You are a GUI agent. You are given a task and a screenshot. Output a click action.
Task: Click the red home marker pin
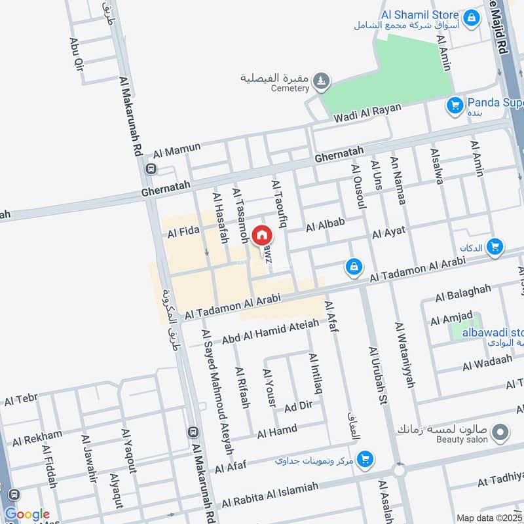[262, 235]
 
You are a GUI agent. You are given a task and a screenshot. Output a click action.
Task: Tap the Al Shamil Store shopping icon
[470, 19]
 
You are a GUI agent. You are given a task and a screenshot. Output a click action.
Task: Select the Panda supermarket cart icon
[455, 105]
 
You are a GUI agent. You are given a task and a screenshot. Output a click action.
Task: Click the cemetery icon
[320, 81]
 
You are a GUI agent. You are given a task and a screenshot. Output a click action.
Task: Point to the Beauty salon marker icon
[500, 432]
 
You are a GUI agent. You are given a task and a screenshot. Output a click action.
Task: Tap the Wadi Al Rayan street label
[367, 113]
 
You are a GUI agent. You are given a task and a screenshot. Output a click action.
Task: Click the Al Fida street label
[183, 232]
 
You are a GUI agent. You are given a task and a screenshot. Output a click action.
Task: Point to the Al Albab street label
[325, 225]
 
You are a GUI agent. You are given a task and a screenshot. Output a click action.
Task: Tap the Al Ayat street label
[388, 231]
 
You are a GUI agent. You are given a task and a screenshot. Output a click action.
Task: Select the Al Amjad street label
[451, 319]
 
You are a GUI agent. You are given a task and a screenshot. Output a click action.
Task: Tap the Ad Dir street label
[299, 407]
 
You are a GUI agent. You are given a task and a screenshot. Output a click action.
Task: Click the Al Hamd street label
[277, 432]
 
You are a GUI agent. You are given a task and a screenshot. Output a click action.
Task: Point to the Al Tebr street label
[21, 400]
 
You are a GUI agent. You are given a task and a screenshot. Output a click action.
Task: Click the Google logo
[28, 515]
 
